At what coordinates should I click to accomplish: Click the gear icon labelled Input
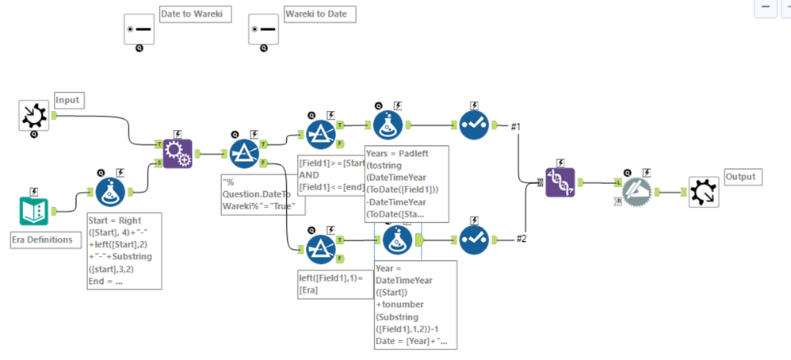[x=34, y=116]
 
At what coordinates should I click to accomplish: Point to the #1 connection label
[x=515, y=126]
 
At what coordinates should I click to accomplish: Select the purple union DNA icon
[x=560, y=182]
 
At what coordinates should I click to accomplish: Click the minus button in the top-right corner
[x=766, y=7]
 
